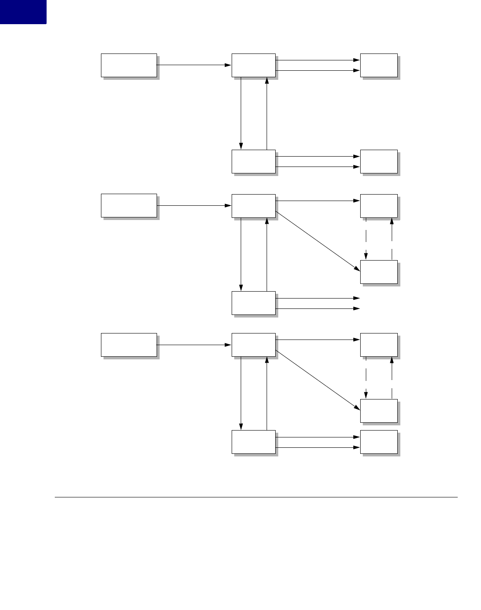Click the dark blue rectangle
(x=23, y=12)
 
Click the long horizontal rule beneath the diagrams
(x=255, y=497)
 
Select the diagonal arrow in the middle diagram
(x=318, y=241)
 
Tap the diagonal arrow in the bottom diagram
(x=318, y=380)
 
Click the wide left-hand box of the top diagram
(x=129, y=65)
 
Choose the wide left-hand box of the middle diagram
(x=129, y=205)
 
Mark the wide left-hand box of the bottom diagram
(x=129, y=345)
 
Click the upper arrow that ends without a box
(x=318, y=298)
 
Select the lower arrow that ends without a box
(x=318, y=308)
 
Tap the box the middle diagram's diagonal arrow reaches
(x=379, y=272)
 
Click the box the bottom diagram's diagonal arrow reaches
(x=379, y=411)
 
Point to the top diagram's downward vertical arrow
(x=241, y=112)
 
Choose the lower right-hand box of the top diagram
(x=379, y=161)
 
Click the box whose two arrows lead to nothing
(x=253, y=303)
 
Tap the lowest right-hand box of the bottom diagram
(x=379, y=442)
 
